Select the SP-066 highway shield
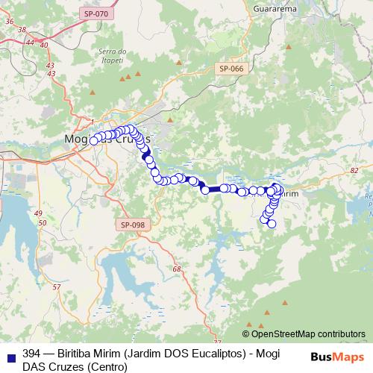pos(231,69)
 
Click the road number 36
pos(10,22)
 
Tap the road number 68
pos(176,269)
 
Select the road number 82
pos(353,171)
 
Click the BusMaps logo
pos(336,357)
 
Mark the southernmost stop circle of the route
pos(272,224)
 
